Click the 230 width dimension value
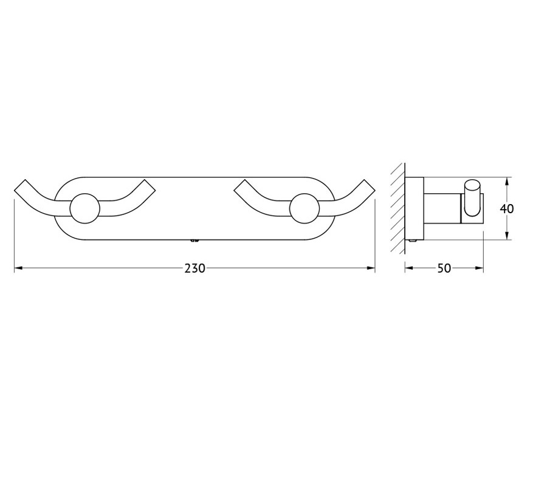[194, 268]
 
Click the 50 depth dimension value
[444, 268]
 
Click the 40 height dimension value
[506, 208]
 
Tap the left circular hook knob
[84, 208]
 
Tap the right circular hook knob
[304, 208]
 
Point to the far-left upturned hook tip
[20, 185]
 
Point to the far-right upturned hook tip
[370, 185]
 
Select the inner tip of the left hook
[150, 185]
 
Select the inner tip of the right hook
[240, 185]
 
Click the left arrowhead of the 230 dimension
[18, 268]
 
